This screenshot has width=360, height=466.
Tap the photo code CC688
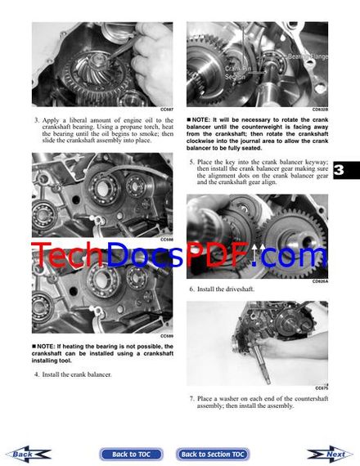click(x=166, y=240)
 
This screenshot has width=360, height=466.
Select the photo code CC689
click(x=166, y=335)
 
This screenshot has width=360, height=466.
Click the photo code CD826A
click(x=320, y=281)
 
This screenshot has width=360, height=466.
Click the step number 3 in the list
click(x=36, y=120)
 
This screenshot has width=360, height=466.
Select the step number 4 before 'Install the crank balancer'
click(x=36, y=374)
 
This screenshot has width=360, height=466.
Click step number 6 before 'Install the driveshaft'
click(x=191, y=289)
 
